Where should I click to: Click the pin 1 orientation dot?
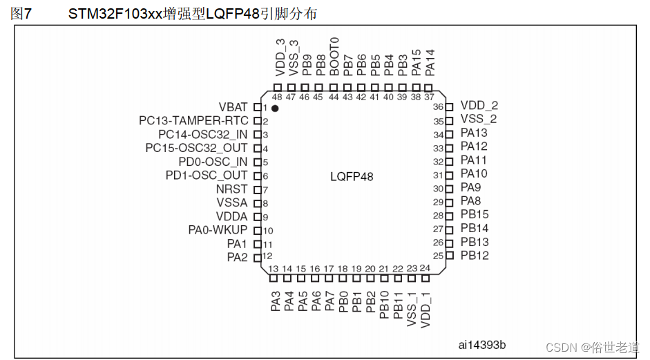click(x=275, y=108)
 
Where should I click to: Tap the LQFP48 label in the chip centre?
click(x=352, y=177)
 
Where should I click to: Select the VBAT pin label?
click(x=233, y=107)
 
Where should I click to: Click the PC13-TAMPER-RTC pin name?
click(x=193, y=121)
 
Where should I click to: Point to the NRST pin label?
click(x=231, y=189)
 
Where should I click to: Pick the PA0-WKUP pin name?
click(x=218, y=230)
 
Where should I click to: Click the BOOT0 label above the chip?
click(x=334, y=57)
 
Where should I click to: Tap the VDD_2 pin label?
click(x=479, y=105)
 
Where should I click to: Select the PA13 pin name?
click(x=474, y=133)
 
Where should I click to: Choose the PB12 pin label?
click(x=475, y=256)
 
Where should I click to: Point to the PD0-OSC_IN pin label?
click(x=213, y=162)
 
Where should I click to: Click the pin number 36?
click(x=438, y=106)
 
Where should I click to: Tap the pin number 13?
click(x=273, y=269)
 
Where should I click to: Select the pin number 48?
click(x=277, y=97)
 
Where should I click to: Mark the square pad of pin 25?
click(x=450, y=256)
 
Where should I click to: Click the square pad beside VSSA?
click(x=258, y=203)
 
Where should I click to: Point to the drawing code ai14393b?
click(x=481, y=345)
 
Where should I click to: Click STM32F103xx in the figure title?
click(x=115, y=14)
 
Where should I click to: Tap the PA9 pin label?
click(x=470, y=187)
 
